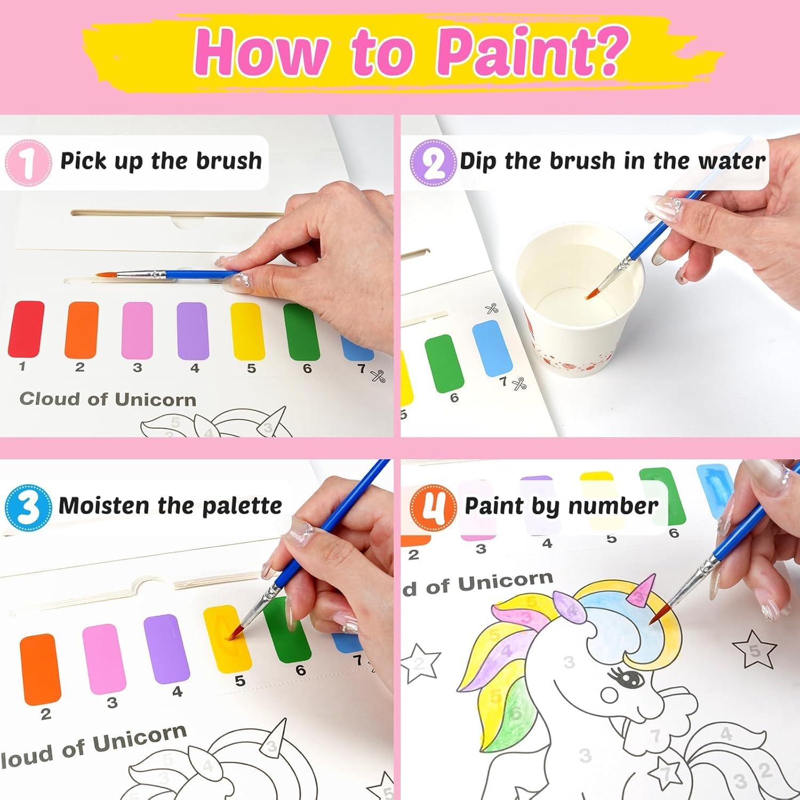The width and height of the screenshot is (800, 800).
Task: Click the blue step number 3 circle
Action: click(28, 506)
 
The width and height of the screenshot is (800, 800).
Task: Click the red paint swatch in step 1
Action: click(26, 329)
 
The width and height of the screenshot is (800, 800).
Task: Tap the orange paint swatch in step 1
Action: click(82, 329)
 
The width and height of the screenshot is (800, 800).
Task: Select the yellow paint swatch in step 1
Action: click(247, 331)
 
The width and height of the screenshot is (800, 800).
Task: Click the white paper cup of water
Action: click(579, 299)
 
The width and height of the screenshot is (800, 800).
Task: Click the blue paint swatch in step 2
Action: click(492, 347)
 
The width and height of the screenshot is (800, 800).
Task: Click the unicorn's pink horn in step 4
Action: click(644, 591)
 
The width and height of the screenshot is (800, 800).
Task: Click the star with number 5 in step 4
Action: click(754, 649)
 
